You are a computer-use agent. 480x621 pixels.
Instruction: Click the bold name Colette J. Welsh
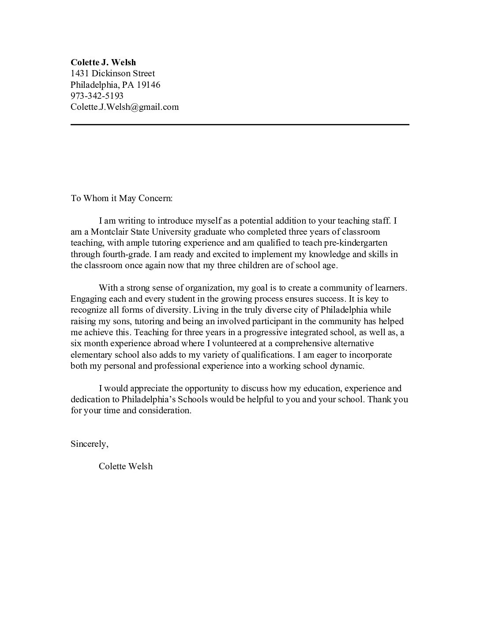[103, 62]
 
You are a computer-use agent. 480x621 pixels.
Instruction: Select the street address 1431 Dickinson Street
[112, 73]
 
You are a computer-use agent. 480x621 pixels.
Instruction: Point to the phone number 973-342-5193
[97, 96]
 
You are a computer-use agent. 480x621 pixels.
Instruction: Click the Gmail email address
[124, 107]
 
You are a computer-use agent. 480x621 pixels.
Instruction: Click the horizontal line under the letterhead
[240, 125]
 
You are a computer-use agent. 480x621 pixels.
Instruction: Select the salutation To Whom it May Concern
[121, 198]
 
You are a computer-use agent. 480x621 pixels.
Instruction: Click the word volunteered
[209, 344]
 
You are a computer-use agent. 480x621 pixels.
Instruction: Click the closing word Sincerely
[89, 444]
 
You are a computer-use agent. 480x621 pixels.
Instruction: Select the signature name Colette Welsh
[126, 467]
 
